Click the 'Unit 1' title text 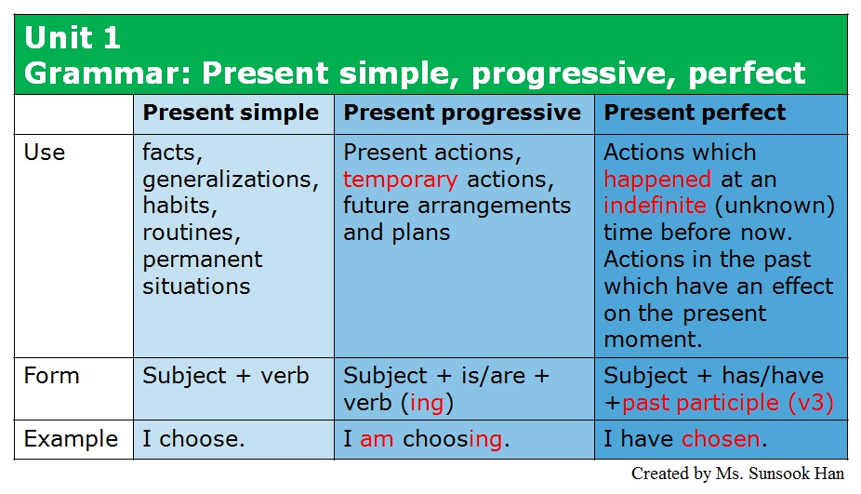tap(73, 38)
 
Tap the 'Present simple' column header tap(231, 113)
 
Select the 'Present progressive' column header tap(462, 113)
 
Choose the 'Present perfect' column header tap(695, 113)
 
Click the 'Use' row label tap(45, 153)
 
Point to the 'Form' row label tap(52, 376)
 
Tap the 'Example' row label tap(71, 439)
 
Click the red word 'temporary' tap(401, 180)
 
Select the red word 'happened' tap(657, 180)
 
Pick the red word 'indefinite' tap(656, 206)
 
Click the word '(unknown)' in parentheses tap(775, 206)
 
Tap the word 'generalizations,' tap(231, 180)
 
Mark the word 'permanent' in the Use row tap(203, 260)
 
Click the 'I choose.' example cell tap(193, 439)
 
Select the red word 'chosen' tap(721, 439)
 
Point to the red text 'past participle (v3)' tap(727, 404)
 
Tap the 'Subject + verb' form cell tap(226, 377)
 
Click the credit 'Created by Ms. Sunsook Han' tap(737, 474)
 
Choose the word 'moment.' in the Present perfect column tap(653, 340)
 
